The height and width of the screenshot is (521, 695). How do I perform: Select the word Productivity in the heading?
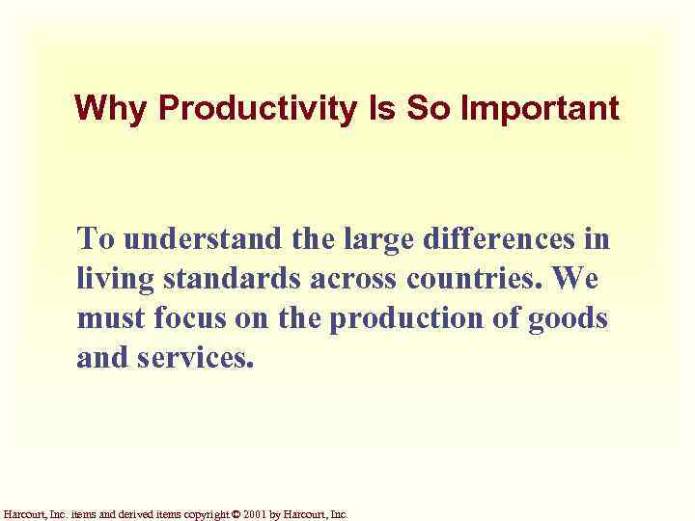tap(256, 108)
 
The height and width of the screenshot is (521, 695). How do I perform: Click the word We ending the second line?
tap(578, 278)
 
